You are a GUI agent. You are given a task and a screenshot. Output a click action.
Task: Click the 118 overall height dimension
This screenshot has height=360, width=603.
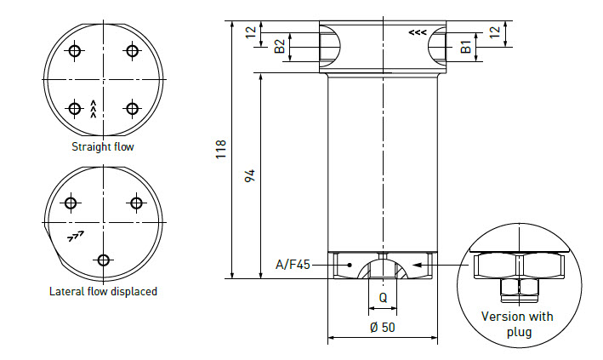(x=221, y=150)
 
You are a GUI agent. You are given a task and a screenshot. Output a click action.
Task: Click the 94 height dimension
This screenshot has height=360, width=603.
(x=249, y=175)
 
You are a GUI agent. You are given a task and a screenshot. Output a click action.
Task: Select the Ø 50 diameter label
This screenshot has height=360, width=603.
(x=382, y=328)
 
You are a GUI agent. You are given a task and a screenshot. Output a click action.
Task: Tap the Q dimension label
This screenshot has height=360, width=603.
(x=383, y=298)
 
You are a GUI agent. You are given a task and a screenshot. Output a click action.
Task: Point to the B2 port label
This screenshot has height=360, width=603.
(x=280, y=46)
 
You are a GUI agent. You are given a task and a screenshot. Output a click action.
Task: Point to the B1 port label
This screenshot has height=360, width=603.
(x=465, y=46)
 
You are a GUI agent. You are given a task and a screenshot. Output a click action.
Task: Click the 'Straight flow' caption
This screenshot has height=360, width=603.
(x=103, y=146)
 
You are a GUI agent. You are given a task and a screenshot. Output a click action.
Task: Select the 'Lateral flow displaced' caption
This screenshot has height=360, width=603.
(x=103, y=291)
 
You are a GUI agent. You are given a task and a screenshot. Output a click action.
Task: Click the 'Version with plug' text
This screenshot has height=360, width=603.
(x=516, y=323)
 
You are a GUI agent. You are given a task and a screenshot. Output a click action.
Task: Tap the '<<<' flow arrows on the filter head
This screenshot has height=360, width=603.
(x=417, y=32)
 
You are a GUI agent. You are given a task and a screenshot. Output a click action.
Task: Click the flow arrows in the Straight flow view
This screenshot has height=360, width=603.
(x=94, y=108)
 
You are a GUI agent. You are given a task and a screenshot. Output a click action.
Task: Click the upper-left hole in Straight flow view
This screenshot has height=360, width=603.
(x=75, y=52)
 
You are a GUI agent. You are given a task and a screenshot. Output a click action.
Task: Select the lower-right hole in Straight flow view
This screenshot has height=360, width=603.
(x=132, y=108)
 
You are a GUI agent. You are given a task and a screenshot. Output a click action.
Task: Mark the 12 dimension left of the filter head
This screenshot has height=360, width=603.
(x=249, y=31)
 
